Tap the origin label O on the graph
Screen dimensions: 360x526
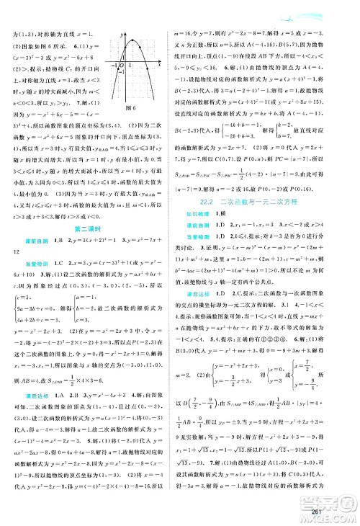coord(122,71)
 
